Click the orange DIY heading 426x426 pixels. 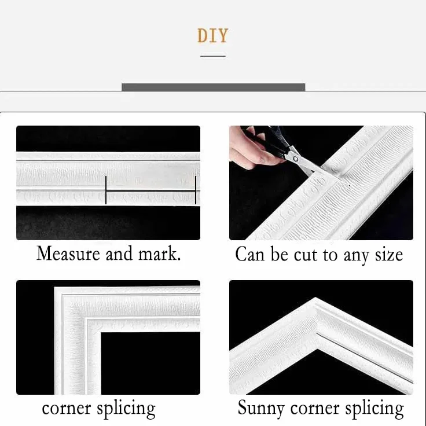pyautogui.click(x=213, y=35)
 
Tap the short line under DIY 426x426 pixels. pyautogui.click(x=213, y=56)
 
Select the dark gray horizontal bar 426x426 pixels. pyautogui.click(x=213, y=87)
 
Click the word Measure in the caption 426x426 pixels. pyautogui.click(x=68, y=254)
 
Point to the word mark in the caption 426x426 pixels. pyautogui.click(x=160, y=254)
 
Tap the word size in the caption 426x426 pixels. pyautogui.click(x=389, y=255)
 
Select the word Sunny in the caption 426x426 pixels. pyautogui.click(x=261, y=409)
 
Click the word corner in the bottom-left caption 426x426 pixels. pyautogui.click(x=67, y=409)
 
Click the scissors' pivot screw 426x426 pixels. pyautogui.click(x=295, y=159)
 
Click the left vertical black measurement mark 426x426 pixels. pyautogui.click(x=106, y=190)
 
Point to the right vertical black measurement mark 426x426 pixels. pyautogui.click(x=195, y=190)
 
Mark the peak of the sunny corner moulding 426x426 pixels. pyautogui.click(x=315, y=298)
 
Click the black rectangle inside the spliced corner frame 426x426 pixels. pyautogui.click(x=150, y=363)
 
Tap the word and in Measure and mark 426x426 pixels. pyautogui.click(x=119, y=254)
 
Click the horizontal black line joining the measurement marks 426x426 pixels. pyautogui.click(x=150, y=191)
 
